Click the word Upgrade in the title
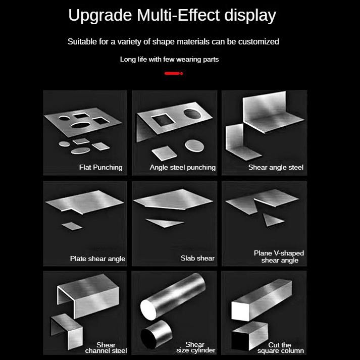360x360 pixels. [100, 16]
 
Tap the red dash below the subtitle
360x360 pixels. [174, 74]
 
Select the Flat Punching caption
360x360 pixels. [101, 167]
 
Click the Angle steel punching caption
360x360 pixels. [183, 167]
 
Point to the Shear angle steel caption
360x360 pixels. [276, 167]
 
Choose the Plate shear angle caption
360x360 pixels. [97, 259]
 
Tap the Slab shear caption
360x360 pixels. [197, 259]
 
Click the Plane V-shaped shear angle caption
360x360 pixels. [279, 256]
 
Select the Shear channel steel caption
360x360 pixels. [106, 348]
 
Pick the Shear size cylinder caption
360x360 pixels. [195, 347]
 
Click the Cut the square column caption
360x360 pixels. [280, 348]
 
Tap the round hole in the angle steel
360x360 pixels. [192, 114]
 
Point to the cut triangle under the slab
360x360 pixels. [165, 223]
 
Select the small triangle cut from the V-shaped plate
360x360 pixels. [272, 220]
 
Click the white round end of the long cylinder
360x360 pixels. [148, 310]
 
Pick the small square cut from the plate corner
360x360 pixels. [72, 226]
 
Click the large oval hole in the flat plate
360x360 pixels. [81, 125]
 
